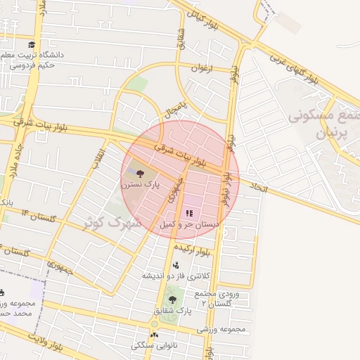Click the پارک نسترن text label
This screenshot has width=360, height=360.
(139, 186)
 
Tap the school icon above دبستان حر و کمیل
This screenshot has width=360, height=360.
(189, 212)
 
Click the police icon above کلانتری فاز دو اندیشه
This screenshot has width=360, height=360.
(175, 264)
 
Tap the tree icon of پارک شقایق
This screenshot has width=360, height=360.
(172, 300)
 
